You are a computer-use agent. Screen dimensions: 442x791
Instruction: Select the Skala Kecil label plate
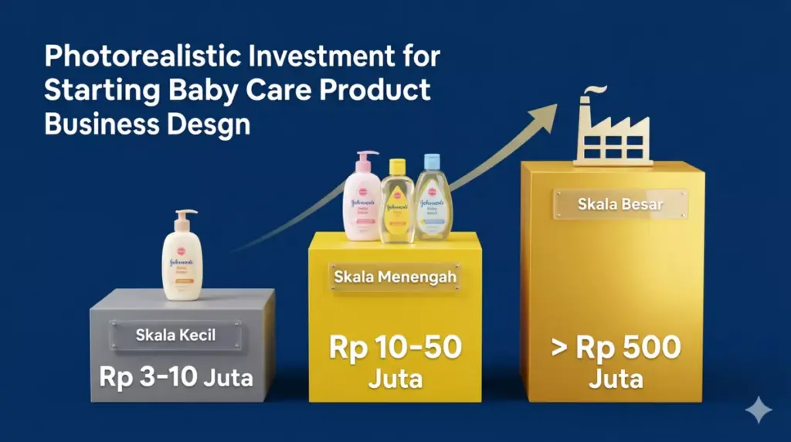(175, 335)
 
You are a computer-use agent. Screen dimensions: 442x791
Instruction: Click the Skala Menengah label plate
(395, 276)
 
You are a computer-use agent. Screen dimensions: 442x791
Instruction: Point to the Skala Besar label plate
(620, 204)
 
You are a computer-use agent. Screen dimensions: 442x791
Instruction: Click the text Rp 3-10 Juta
(176, 377)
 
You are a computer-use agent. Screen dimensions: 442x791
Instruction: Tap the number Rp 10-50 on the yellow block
(395, 347)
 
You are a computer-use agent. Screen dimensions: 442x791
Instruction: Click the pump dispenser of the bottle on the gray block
(185, 218)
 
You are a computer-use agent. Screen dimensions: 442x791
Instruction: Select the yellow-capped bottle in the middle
(397, 205)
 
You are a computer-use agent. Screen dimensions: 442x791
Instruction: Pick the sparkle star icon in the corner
(759, 410)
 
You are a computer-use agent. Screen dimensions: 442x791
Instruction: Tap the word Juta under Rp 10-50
(395, 381)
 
